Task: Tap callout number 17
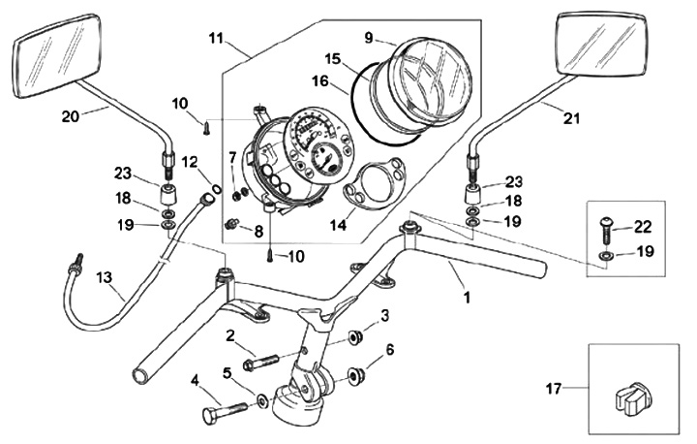(552, 390)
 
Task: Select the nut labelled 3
(354, 336)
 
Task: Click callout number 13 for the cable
(104, 277)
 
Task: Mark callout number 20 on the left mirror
(69, 116)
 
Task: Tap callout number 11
(214, 39)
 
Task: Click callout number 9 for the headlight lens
(368, 39)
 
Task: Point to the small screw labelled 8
(233, 225)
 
